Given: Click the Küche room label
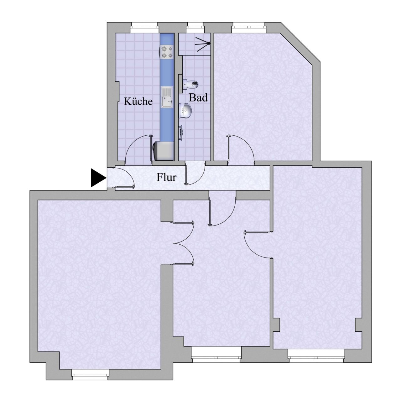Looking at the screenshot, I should [138, 102].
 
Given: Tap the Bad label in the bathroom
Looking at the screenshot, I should [198, 98].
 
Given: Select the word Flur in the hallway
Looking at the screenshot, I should [166, 178].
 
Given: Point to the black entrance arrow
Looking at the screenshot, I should [97, 178].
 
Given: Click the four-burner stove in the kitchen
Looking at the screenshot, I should [167, 52].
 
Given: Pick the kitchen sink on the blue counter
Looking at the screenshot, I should [167, 97].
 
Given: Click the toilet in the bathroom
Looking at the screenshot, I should [191, 84].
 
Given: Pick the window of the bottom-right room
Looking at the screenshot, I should [316, 356].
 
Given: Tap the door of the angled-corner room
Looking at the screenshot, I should [240, 149].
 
